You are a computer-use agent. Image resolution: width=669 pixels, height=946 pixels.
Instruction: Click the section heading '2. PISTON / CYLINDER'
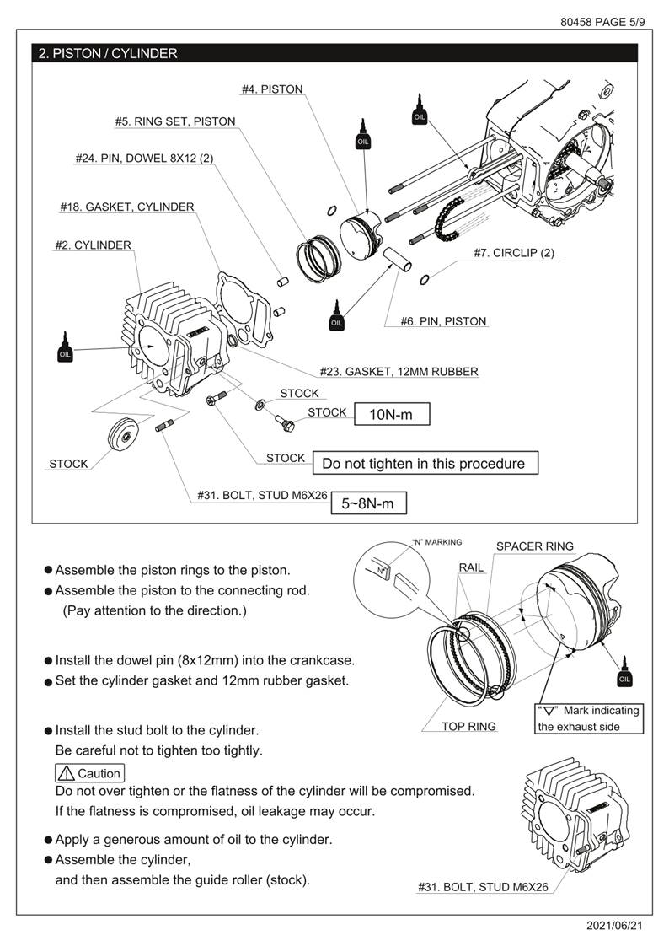109,53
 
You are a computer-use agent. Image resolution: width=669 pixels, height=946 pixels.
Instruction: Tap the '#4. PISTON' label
271,89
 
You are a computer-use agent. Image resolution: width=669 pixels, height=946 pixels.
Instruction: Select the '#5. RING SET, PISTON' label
175,121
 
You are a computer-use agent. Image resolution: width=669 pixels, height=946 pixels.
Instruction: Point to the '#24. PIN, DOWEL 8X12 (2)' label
143,158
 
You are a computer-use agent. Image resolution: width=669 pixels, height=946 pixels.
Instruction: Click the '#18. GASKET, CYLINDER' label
127,207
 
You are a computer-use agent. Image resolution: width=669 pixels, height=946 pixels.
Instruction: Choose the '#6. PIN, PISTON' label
443,320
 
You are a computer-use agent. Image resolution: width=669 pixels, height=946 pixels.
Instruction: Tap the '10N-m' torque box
392,414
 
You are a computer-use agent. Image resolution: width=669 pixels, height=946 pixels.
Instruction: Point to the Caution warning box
89,773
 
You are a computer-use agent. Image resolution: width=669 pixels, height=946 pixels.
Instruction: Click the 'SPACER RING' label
534,546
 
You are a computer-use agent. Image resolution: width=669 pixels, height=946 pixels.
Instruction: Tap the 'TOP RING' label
468,726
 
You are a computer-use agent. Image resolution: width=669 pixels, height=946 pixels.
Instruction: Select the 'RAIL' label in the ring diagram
472,567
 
